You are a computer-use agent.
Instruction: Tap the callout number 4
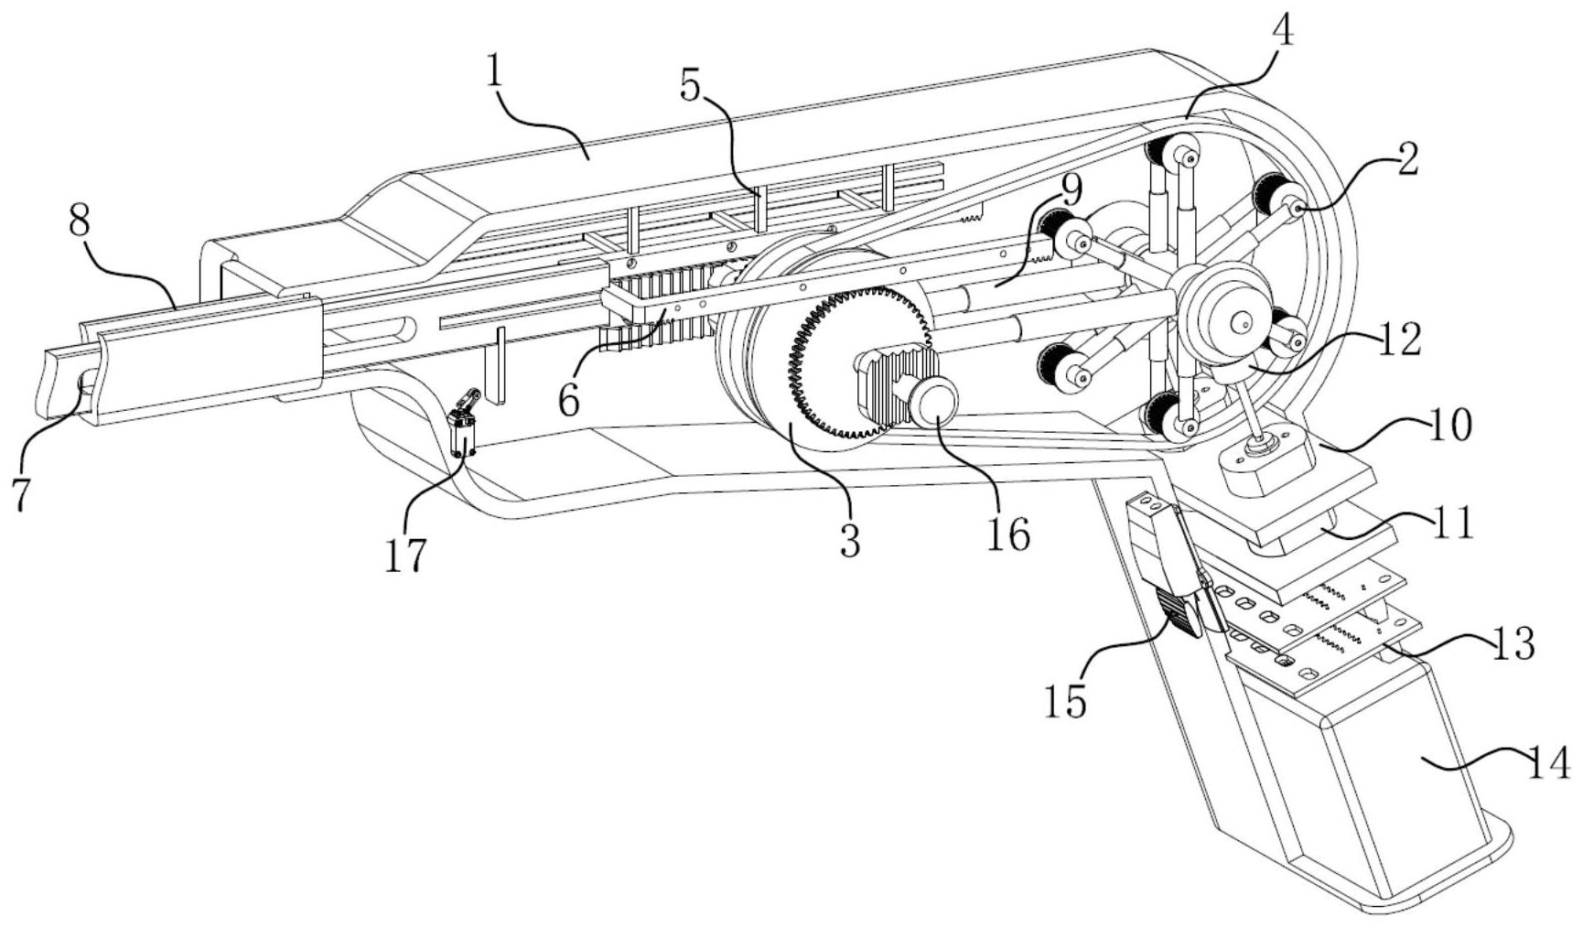(x=1283, y=32)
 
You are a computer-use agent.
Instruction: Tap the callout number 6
(x=569, y=399)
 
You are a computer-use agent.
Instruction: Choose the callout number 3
(x=850, y=541)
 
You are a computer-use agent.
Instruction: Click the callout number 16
(x=1007, y=534)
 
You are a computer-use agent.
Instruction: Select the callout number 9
(x=1071, y=190)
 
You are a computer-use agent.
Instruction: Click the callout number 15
(x=1067, y=701)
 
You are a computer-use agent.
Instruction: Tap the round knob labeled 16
(x=932, y=402)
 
